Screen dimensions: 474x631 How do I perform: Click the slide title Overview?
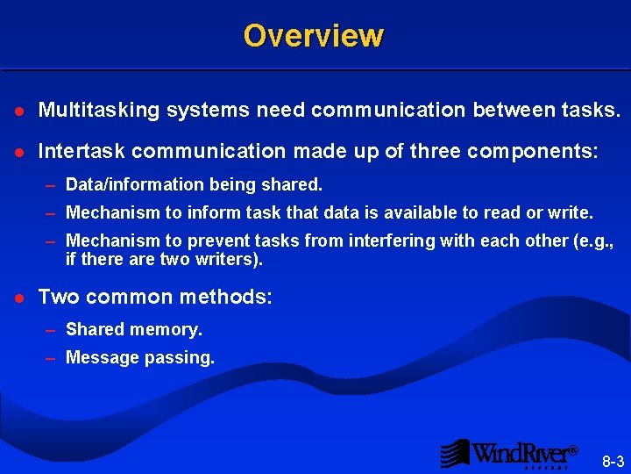[x=314, y=35]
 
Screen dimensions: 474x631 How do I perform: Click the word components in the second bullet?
[x=532, y=151]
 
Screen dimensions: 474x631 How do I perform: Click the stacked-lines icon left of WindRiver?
[x=455, y=453]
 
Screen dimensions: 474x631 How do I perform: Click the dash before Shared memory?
[x=52, y=330]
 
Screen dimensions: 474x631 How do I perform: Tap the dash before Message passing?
[x=52, y=358]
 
